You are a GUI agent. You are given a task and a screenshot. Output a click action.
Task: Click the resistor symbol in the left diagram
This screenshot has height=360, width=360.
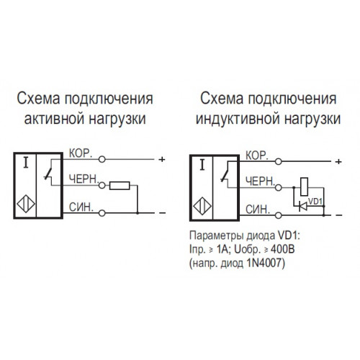point(120,186)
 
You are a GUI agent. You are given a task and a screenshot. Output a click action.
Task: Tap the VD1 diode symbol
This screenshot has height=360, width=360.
point(303,206)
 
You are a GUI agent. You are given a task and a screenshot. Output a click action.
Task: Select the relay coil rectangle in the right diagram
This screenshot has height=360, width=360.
point(305,186)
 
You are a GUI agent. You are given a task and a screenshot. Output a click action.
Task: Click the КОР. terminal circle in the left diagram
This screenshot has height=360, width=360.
point(102,159)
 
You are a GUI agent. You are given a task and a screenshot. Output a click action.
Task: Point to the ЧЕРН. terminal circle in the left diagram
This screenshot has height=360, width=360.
point(102,186)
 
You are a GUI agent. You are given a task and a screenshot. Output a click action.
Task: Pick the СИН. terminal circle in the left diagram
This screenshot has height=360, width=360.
point(102,213)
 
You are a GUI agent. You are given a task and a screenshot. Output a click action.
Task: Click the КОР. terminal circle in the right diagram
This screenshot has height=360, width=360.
point(278,161)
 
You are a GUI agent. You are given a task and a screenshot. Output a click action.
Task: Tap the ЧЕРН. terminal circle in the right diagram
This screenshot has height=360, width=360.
point(278,187)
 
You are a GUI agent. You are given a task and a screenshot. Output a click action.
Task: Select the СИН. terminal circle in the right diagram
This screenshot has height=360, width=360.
point(278,215)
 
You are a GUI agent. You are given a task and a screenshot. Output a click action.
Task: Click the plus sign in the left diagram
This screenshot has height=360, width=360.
point(162,159)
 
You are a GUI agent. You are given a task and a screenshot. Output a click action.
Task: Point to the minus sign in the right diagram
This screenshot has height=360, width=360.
point(339,215)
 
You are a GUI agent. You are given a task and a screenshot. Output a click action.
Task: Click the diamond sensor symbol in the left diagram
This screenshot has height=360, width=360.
point(26,204)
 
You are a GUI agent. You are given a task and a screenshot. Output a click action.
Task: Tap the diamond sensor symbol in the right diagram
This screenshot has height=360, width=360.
point(202,206)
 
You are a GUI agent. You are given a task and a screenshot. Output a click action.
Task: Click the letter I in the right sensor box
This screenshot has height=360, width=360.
point(202,166)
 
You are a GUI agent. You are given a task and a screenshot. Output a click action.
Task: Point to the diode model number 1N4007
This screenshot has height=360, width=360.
point(266,264)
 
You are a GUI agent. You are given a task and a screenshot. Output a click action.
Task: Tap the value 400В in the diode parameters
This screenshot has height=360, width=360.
point(283,250)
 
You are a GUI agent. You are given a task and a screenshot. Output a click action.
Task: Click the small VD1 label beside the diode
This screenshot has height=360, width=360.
point(315,202)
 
